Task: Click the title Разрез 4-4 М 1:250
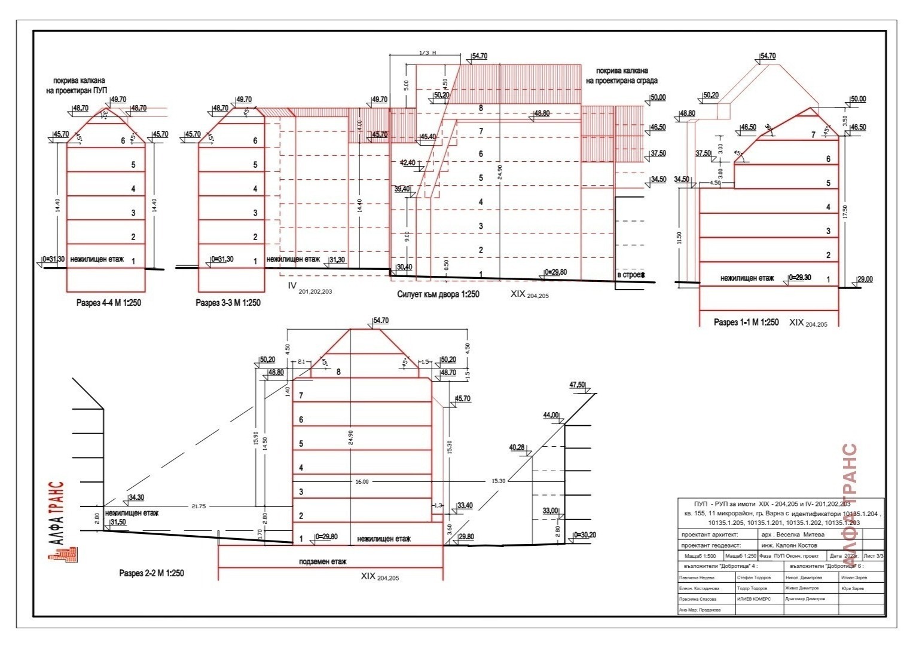click(109, 303)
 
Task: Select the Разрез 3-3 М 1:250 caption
click(228, 303)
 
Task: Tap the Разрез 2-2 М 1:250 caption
click(152, 573)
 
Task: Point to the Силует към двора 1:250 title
click(438, 294)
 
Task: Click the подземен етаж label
click(323, 561)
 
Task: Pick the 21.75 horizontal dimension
click(199, 506)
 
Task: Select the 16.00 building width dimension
click(362, 481)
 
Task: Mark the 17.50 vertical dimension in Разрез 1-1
click(845, 212)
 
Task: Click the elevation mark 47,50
click(577, 385)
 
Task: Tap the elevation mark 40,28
click(517, 447)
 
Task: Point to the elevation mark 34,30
click(136, 497)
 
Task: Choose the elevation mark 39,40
click(402, 189)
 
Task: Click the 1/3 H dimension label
click(428, 53)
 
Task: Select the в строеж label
click(631, 275)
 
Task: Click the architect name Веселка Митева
click(795, 535)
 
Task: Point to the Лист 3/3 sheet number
click(874, 556)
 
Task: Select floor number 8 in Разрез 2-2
click(338, 372)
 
